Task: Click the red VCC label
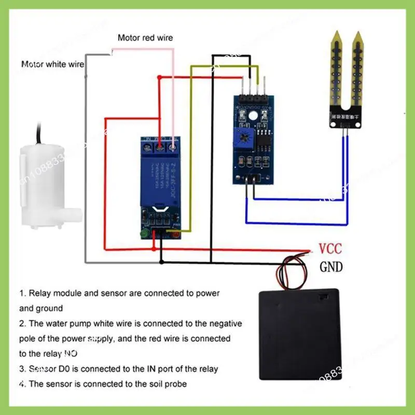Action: pos(330,248)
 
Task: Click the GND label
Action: pos(330,267)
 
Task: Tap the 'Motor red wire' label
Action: pos(145,38)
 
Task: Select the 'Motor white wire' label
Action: pos(52,64)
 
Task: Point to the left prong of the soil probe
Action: pos(336,67)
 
